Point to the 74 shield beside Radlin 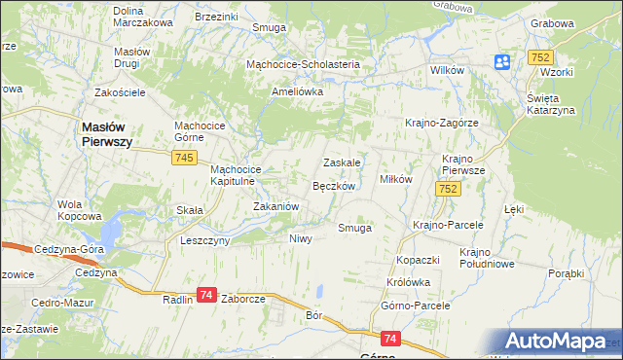(206, 295)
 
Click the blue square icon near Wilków (502, 62)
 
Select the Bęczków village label (339, 185)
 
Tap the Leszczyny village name (204, 239)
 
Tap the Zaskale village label (343, 162)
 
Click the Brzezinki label (217, 18)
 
